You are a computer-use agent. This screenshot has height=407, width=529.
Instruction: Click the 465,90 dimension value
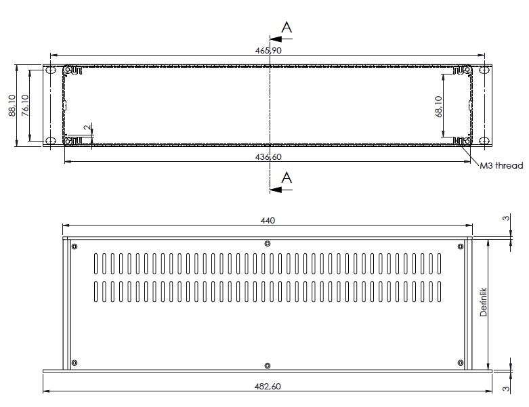(268, 51)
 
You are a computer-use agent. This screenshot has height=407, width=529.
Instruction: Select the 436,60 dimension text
(268, 157)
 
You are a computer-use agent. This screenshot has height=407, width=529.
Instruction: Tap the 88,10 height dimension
(12, 105)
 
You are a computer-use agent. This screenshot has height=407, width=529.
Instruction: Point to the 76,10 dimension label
(25, 105)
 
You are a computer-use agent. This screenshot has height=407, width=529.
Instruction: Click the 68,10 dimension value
(439, 106)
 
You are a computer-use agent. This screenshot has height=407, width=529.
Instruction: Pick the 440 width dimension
(268, 221)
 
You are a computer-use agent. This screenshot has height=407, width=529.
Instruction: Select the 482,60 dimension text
(268, 387)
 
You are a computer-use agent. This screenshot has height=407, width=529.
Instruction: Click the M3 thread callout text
(501, 165)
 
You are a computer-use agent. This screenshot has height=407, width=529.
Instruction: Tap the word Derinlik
(484, 302)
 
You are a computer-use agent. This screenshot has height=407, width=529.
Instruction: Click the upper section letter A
(287, 27)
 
